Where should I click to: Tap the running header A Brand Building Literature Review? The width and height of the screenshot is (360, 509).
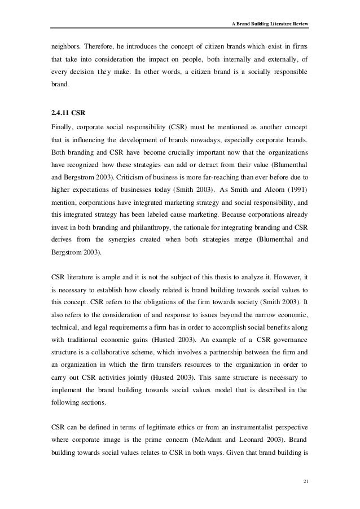point(270,24)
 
